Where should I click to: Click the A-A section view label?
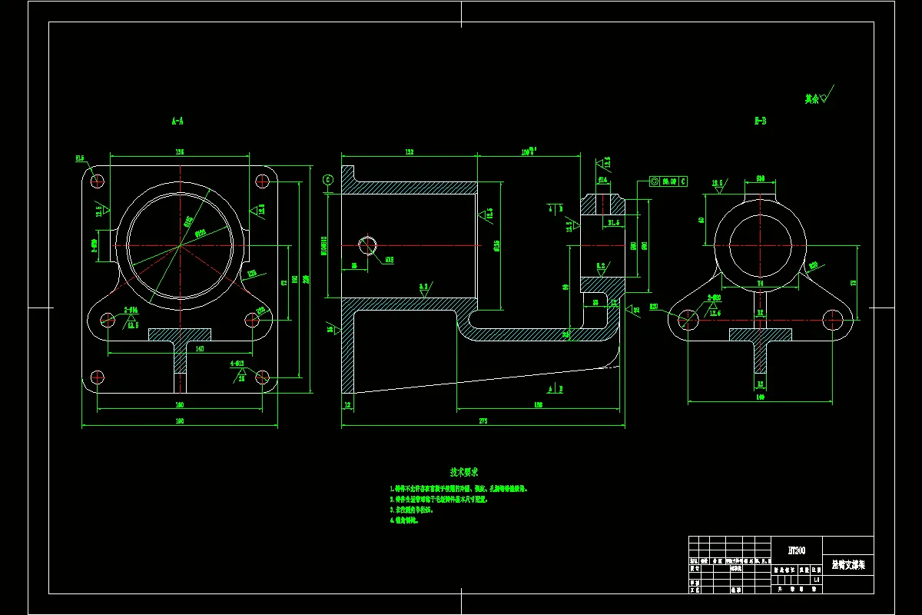point(177,121)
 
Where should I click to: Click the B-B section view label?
point(761,121)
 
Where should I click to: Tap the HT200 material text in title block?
point(796,550)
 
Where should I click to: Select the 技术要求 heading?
point(464,471)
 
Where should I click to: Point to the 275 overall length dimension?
point(483,421)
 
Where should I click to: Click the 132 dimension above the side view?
point(409,152)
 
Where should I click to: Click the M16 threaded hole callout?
point(390,260)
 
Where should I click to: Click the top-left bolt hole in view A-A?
point(98,181)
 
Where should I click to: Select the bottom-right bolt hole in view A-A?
point(262,377)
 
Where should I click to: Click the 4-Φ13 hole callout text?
point(237,364)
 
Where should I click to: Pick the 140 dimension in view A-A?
point(179,348)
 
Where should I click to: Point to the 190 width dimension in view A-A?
point(180,421)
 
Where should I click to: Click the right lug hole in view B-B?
point(832,317)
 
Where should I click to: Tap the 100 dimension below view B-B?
point(761,397)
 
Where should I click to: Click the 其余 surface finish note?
point(812,98)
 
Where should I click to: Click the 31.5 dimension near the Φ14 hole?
point(613,223)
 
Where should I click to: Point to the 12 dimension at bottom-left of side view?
point(347,404)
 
